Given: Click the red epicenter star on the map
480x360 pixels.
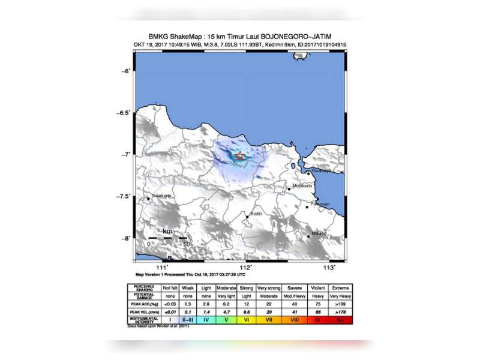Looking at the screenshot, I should [x=240, y=156].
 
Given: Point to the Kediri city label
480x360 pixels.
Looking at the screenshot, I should [x=257, y=214].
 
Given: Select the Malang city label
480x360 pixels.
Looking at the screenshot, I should [x=319, y=233].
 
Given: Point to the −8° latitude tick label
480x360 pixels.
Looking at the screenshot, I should [x=124, y=238].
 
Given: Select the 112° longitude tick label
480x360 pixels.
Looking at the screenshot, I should [x=246, y=267].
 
